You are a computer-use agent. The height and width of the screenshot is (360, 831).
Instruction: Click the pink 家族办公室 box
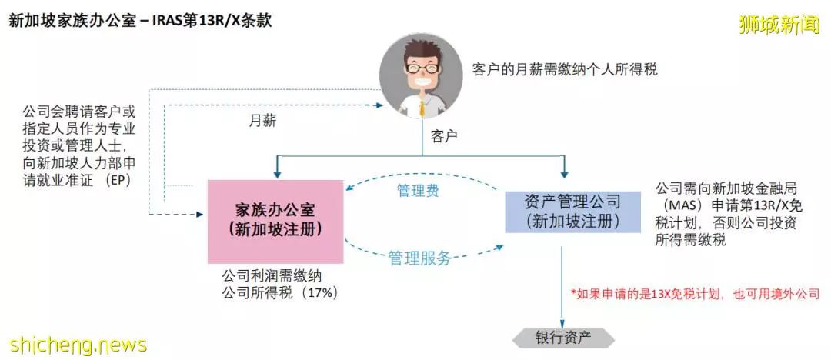click(275, 222)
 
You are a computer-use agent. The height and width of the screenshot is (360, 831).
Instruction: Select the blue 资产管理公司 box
click(566, 211)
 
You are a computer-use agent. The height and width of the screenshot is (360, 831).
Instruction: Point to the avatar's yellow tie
click(422, 108)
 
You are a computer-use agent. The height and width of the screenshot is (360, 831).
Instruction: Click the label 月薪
click(262, 120)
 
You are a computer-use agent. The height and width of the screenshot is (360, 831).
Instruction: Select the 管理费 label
click(418, 191)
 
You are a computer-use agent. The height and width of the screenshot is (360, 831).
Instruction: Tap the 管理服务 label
click(420, 258)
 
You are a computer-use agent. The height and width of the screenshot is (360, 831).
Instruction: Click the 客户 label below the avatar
click(444, 137)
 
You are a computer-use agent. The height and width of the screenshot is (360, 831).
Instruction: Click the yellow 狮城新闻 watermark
click(778, 25)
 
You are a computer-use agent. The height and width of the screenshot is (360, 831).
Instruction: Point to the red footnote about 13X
click(695, 293)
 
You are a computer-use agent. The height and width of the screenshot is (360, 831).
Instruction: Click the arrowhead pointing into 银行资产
click(562, 323)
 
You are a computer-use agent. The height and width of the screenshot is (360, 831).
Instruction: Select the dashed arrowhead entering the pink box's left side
click(200, 215)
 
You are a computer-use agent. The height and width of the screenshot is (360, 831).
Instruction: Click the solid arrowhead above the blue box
click(565, 173)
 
